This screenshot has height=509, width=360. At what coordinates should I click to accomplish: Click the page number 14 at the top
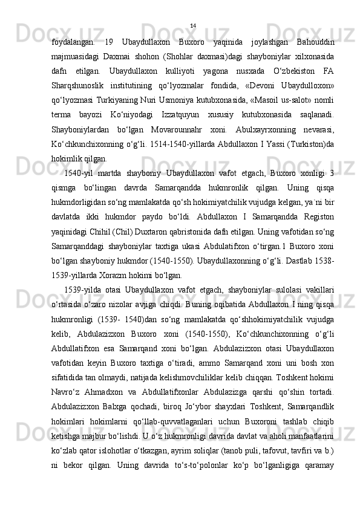(x=192, y=25)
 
